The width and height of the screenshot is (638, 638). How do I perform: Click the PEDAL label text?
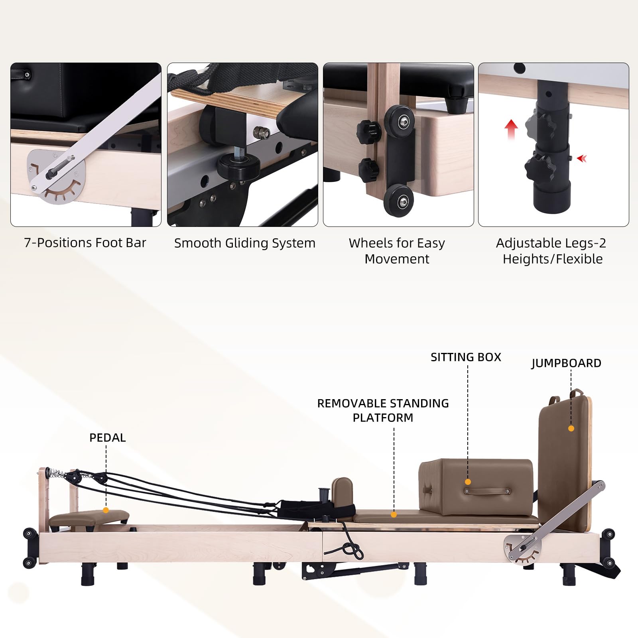point(107,437)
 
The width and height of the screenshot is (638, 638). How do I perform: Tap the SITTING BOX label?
point(466,357)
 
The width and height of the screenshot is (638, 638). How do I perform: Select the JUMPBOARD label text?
point(566,363)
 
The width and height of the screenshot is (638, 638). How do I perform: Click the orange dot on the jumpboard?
point(571,428)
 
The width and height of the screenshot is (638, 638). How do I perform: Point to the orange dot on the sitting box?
point(468,482)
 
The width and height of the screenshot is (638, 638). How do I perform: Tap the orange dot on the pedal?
point(106,510)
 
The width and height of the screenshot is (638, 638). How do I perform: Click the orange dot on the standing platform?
point(394,515)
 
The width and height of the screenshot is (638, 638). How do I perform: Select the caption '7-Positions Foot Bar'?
point(85,242)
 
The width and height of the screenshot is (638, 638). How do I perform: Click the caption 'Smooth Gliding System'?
point(244,243)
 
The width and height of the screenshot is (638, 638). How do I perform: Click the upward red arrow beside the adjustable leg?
point(511,130)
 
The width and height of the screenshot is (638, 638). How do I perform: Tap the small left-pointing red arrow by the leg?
point(582,159)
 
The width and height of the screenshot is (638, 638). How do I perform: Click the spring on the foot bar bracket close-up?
point(63,165)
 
